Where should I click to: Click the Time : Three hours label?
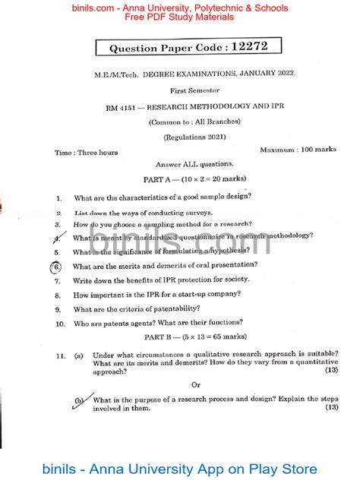coord(86,152)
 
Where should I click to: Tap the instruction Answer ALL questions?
coord(184,164)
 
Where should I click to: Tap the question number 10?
coord(58,324)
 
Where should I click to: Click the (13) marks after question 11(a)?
coord(331,370)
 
